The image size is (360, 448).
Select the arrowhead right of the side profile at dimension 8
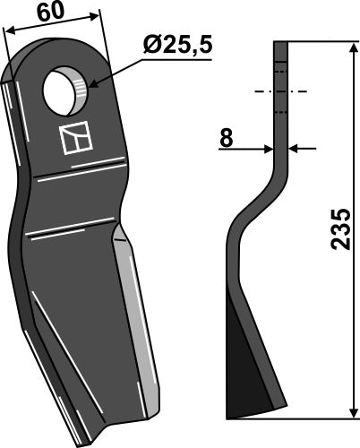[x=296, y=148]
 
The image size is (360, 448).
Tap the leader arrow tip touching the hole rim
[x=88, y=88]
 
